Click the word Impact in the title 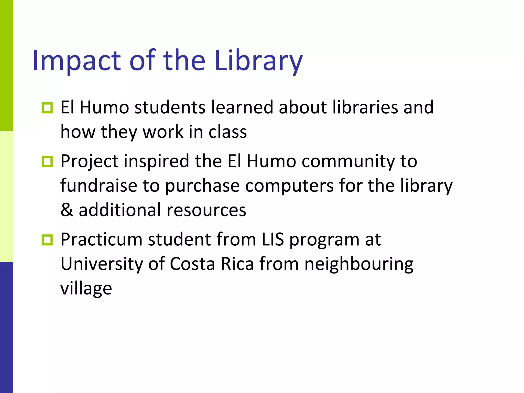tap(76, 61)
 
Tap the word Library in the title tap(259, 61)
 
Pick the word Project tap(90, 161)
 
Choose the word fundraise tap(99, 185)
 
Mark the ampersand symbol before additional tap(67, 210)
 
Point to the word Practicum tap(101, 240)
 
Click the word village tap(86, 289)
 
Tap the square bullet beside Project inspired tap(47, 162)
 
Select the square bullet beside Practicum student tap(47, 240)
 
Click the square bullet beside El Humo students tap(47, 108)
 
